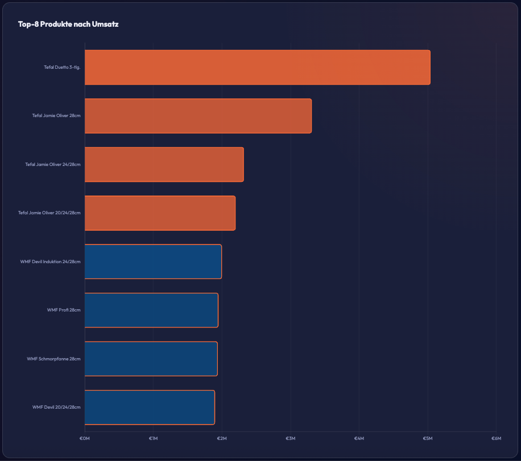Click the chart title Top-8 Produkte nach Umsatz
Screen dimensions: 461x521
(x=68, y=24)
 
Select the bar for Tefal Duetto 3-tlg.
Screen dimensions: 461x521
(x=257, y=67)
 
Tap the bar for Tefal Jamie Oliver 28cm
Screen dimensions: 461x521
(x=198, y=116)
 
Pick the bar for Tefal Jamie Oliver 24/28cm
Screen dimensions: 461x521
(x=164, y=164)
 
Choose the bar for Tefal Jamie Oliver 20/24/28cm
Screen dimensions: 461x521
(x=160, y=213)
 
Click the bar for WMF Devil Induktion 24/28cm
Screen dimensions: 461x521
(x=153, y=261)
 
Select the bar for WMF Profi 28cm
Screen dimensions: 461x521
(x=151, y=310)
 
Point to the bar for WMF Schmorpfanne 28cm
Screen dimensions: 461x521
(x=151, y=359)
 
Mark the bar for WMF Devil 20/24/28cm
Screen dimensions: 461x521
(x=150, y=407)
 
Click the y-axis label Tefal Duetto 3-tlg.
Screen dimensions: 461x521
(x=62, y=67)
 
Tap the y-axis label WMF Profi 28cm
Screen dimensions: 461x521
(x=64, y=310)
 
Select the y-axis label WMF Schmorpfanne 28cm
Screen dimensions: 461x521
(x=53, y=359)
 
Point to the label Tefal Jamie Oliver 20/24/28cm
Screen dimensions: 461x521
(x=49, y=213)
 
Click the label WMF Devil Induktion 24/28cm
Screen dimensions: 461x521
(x=50, y=261)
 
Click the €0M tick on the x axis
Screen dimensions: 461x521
(x=84, y=438)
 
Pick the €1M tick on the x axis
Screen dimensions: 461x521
(x=153, y=438)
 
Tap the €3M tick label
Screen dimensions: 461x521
(x=290, y=438)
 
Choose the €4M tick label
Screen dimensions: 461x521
(x=359, y=438)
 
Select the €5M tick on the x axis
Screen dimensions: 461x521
(x=427, y=438)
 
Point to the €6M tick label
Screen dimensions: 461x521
(x=496, y=438)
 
